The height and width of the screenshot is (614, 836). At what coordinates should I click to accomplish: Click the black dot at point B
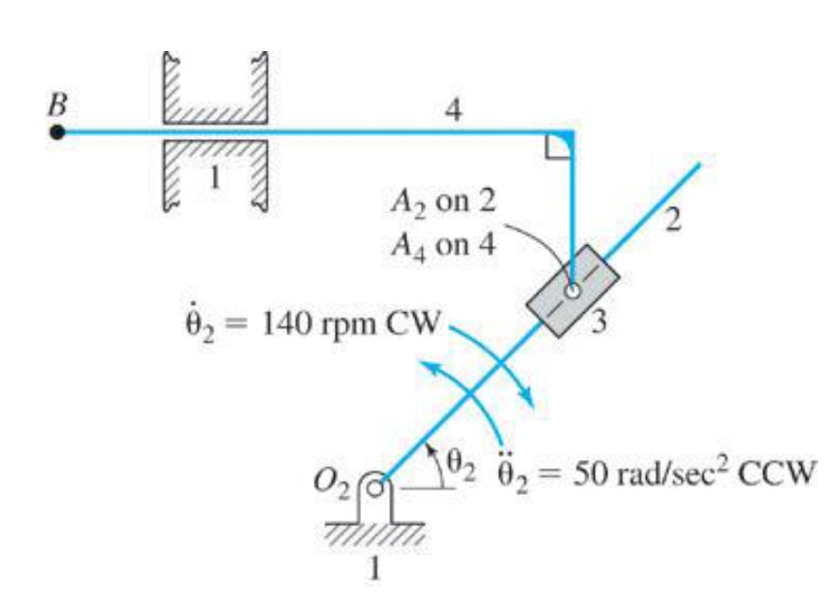58,132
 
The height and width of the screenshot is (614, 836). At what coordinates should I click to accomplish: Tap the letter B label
59,101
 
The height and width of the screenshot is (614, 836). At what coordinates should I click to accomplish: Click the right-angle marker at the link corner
559,147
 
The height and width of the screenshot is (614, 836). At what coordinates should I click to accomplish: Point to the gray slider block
573,288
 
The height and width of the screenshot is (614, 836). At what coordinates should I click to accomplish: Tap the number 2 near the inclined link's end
672,219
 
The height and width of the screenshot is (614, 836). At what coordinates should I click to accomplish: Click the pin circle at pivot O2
376,489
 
